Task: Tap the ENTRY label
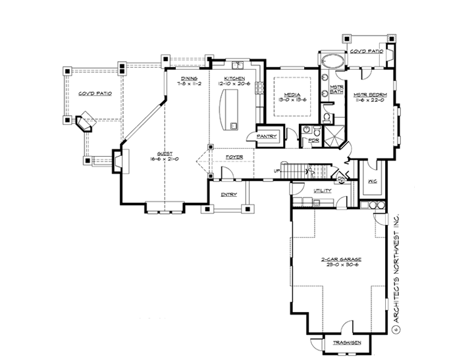(x=228, y=194)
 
